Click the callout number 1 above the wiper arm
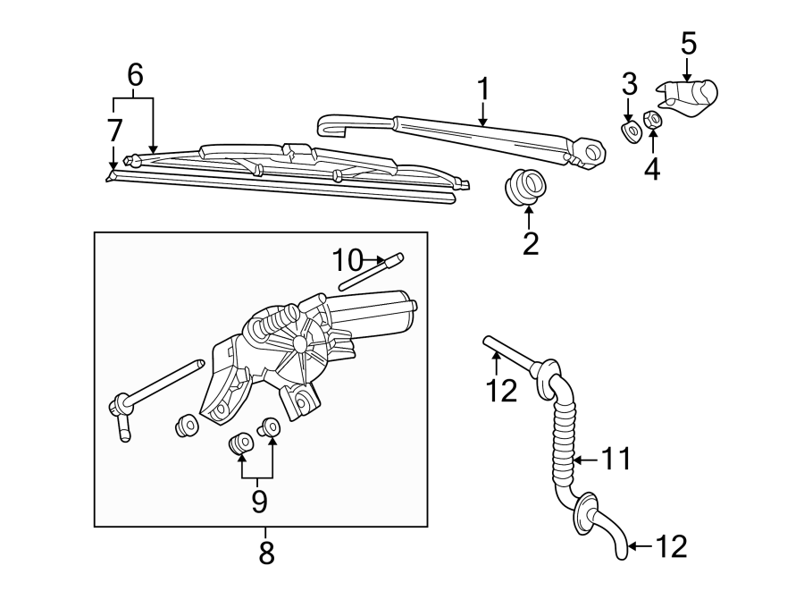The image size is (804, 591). [482, 89]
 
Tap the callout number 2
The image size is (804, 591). [531, 243]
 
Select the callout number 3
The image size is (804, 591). [630, 85]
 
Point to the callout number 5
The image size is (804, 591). [688, 43]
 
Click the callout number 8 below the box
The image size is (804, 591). [266, 553]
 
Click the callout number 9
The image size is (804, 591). [259, 501]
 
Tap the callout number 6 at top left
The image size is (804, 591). [135, 75]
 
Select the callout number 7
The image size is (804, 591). [114, 131]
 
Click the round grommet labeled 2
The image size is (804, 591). [527, 187]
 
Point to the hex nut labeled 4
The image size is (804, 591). [653, 120]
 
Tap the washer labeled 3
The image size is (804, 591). [631, 131]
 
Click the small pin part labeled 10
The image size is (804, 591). [371, 271]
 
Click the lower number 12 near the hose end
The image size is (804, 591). [672, 545]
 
